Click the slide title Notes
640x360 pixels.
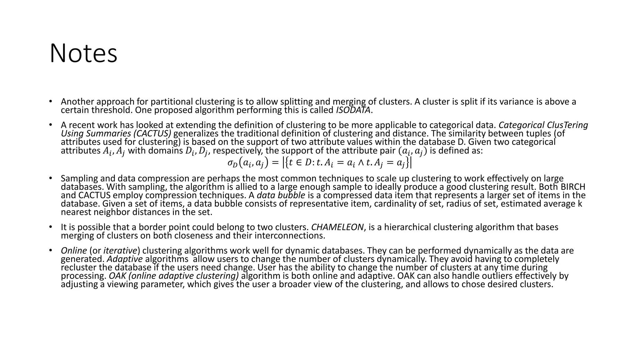pos(83,53)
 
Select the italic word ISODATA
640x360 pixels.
pos(353,110)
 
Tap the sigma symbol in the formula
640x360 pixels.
pos(230,163)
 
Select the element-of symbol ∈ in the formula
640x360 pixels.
pos(299,163)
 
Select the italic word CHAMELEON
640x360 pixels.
pos(337,227)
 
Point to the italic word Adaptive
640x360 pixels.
pos(125,259)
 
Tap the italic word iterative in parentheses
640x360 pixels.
pos(120,251)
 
